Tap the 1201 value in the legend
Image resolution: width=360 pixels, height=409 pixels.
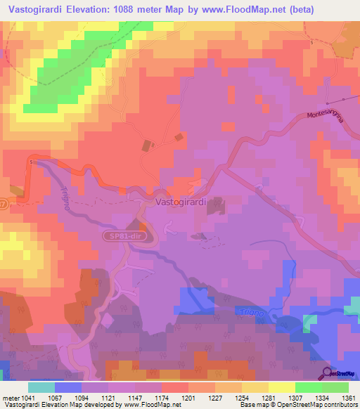point(188,397)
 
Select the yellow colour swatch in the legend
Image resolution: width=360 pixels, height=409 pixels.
point(281,387)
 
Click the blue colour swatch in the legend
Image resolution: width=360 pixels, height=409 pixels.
point(68,387)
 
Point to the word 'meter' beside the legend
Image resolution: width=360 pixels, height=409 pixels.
point(9,397)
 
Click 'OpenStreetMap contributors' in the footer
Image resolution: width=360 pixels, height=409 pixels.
point(316,405)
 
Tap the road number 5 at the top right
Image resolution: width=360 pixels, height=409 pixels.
point(311,43)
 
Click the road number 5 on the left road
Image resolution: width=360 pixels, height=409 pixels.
point(32,162)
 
